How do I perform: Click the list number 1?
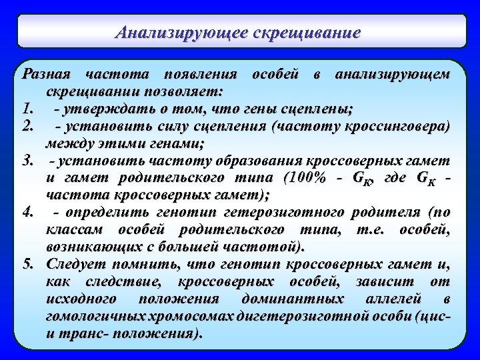(27, 107)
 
